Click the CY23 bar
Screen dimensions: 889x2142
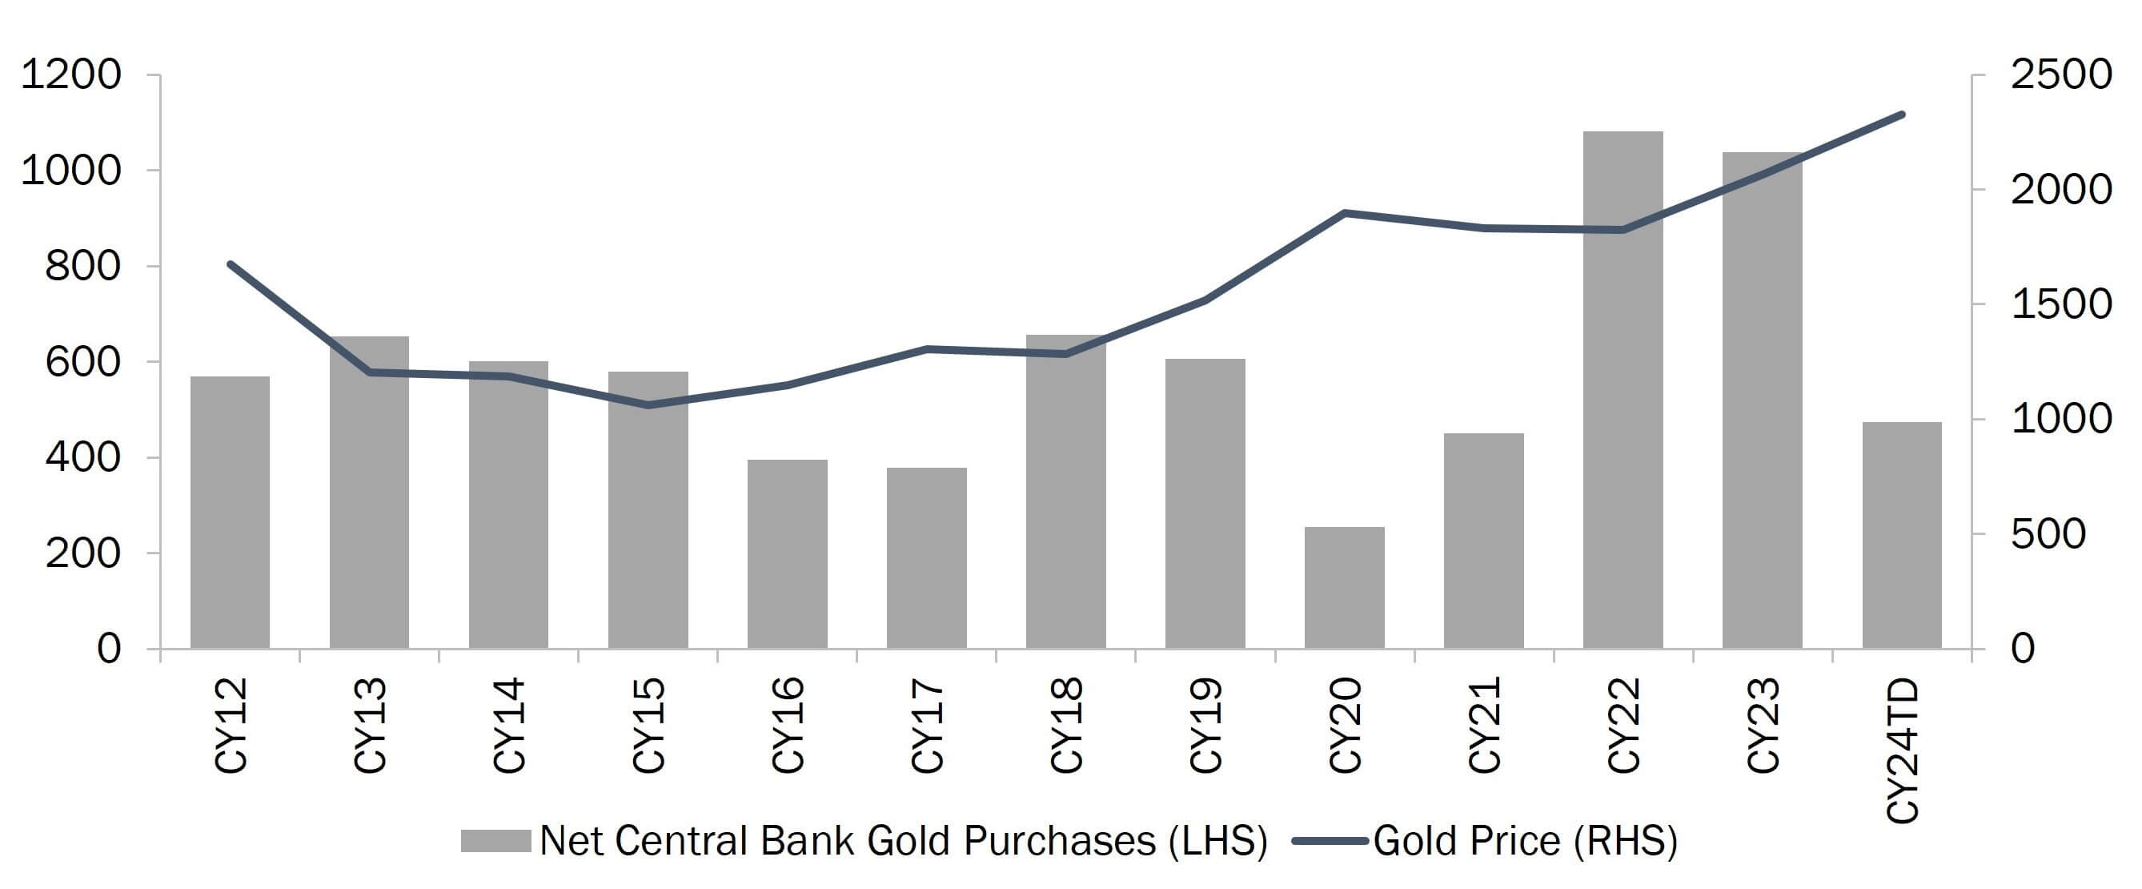[1762, 399]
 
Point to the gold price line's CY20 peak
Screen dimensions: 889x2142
[1345, 213]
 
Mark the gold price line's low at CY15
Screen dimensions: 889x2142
[648, 405]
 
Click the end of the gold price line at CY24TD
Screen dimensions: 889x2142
[1902, 115]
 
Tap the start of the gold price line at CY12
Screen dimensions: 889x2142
[231, 264]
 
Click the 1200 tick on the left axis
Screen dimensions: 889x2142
[70, 74]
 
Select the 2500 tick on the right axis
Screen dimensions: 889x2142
[2060, 74]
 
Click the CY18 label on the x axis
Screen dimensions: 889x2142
[1067, 725]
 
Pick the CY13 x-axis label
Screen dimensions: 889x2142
[370, 725]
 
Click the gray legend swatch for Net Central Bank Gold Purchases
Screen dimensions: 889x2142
[495, 841]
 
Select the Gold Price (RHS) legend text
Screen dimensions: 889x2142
[1525, 841]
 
